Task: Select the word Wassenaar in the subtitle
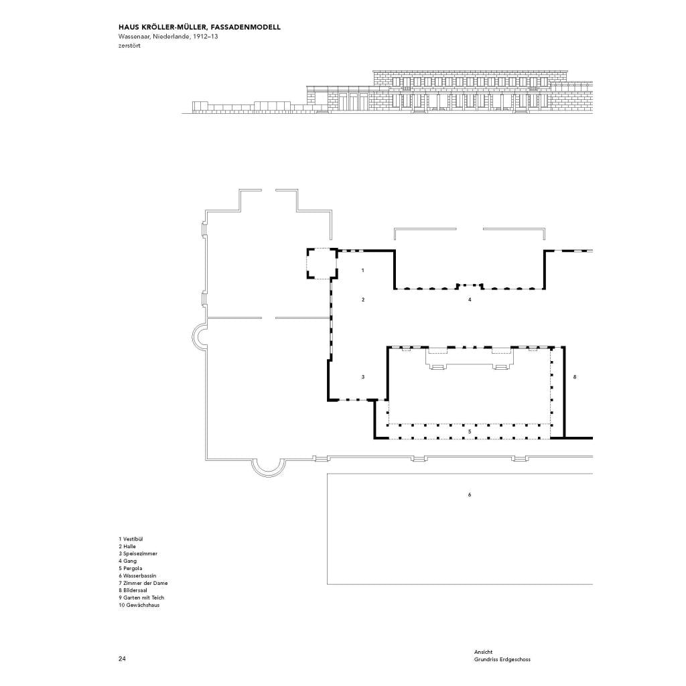click(x=134, y=36)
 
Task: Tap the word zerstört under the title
click(x=129, y=46)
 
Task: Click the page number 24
click(x=122, y=659)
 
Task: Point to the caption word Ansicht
click(x=484, y=652)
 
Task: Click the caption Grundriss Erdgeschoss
click(x=502, y=659)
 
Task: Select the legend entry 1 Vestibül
click(x=131, y=539)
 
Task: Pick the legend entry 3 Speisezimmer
click(x=138, y=553)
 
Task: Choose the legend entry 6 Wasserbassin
click(x=137, y=575)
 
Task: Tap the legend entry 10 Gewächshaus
click(x=139, y=605)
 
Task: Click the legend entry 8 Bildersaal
click(x=133, y=590)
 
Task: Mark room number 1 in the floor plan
click(x=362, y=271)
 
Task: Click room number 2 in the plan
click(x=363, y=299)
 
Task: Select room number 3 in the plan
click(x=362, y=376)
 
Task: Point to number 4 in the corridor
click(x=470, y=299)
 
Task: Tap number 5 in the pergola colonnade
click(x=470, y=431)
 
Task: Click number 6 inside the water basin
click(x=470, y=495)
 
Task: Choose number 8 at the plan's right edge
click(x=575, y=376)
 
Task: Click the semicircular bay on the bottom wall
click(x=268, y=476)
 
